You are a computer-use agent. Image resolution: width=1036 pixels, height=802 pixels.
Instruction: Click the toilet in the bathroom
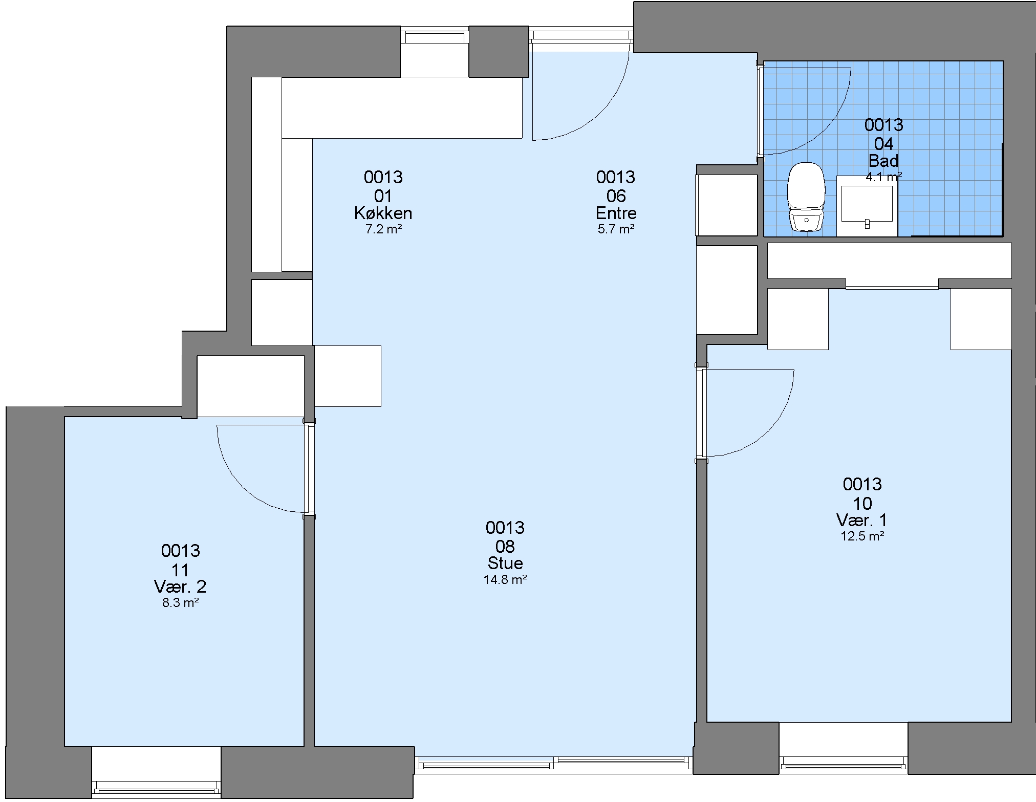(807, 197)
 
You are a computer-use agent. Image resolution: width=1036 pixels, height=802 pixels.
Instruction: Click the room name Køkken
(383, 213)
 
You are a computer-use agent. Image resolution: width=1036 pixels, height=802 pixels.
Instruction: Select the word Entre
(616, 213)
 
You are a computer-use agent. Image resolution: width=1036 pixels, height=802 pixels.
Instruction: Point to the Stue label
(505, 563)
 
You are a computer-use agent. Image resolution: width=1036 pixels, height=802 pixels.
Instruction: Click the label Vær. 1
(862, 520)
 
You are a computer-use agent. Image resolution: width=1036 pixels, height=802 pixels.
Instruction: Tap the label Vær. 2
(180, 587)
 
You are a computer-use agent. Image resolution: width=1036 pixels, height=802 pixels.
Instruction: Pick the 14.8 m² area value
(505, 579)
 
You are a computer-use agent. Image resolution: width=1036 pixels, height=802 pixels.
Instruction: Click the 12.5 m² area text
(862, 536)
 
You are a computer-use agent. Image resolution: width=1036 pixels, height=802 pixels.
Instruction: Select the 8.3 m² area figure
(181, 602)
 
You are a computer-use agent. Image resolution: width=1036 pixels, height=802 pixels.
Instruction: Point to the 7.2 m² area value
(383, 229)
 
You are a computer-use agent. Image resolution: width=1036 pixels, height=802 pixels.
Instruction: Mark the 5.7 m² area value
(616, 229)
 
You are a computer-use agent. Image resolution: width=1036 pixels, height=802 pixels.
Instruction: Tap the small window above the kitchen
(435, 36)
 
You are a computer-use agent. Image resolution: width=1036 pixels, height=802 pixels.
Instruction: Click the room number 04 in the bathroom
(884, 144)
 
